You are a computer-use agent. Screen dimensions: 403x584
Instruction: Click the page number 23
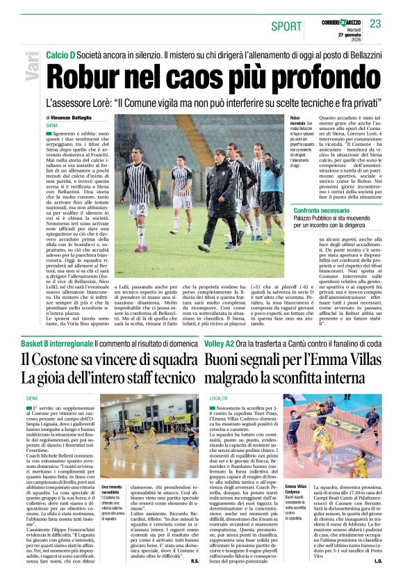[376, 24]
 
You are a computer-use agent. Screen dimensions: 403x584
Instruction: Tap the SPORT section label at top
[287, 26]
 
